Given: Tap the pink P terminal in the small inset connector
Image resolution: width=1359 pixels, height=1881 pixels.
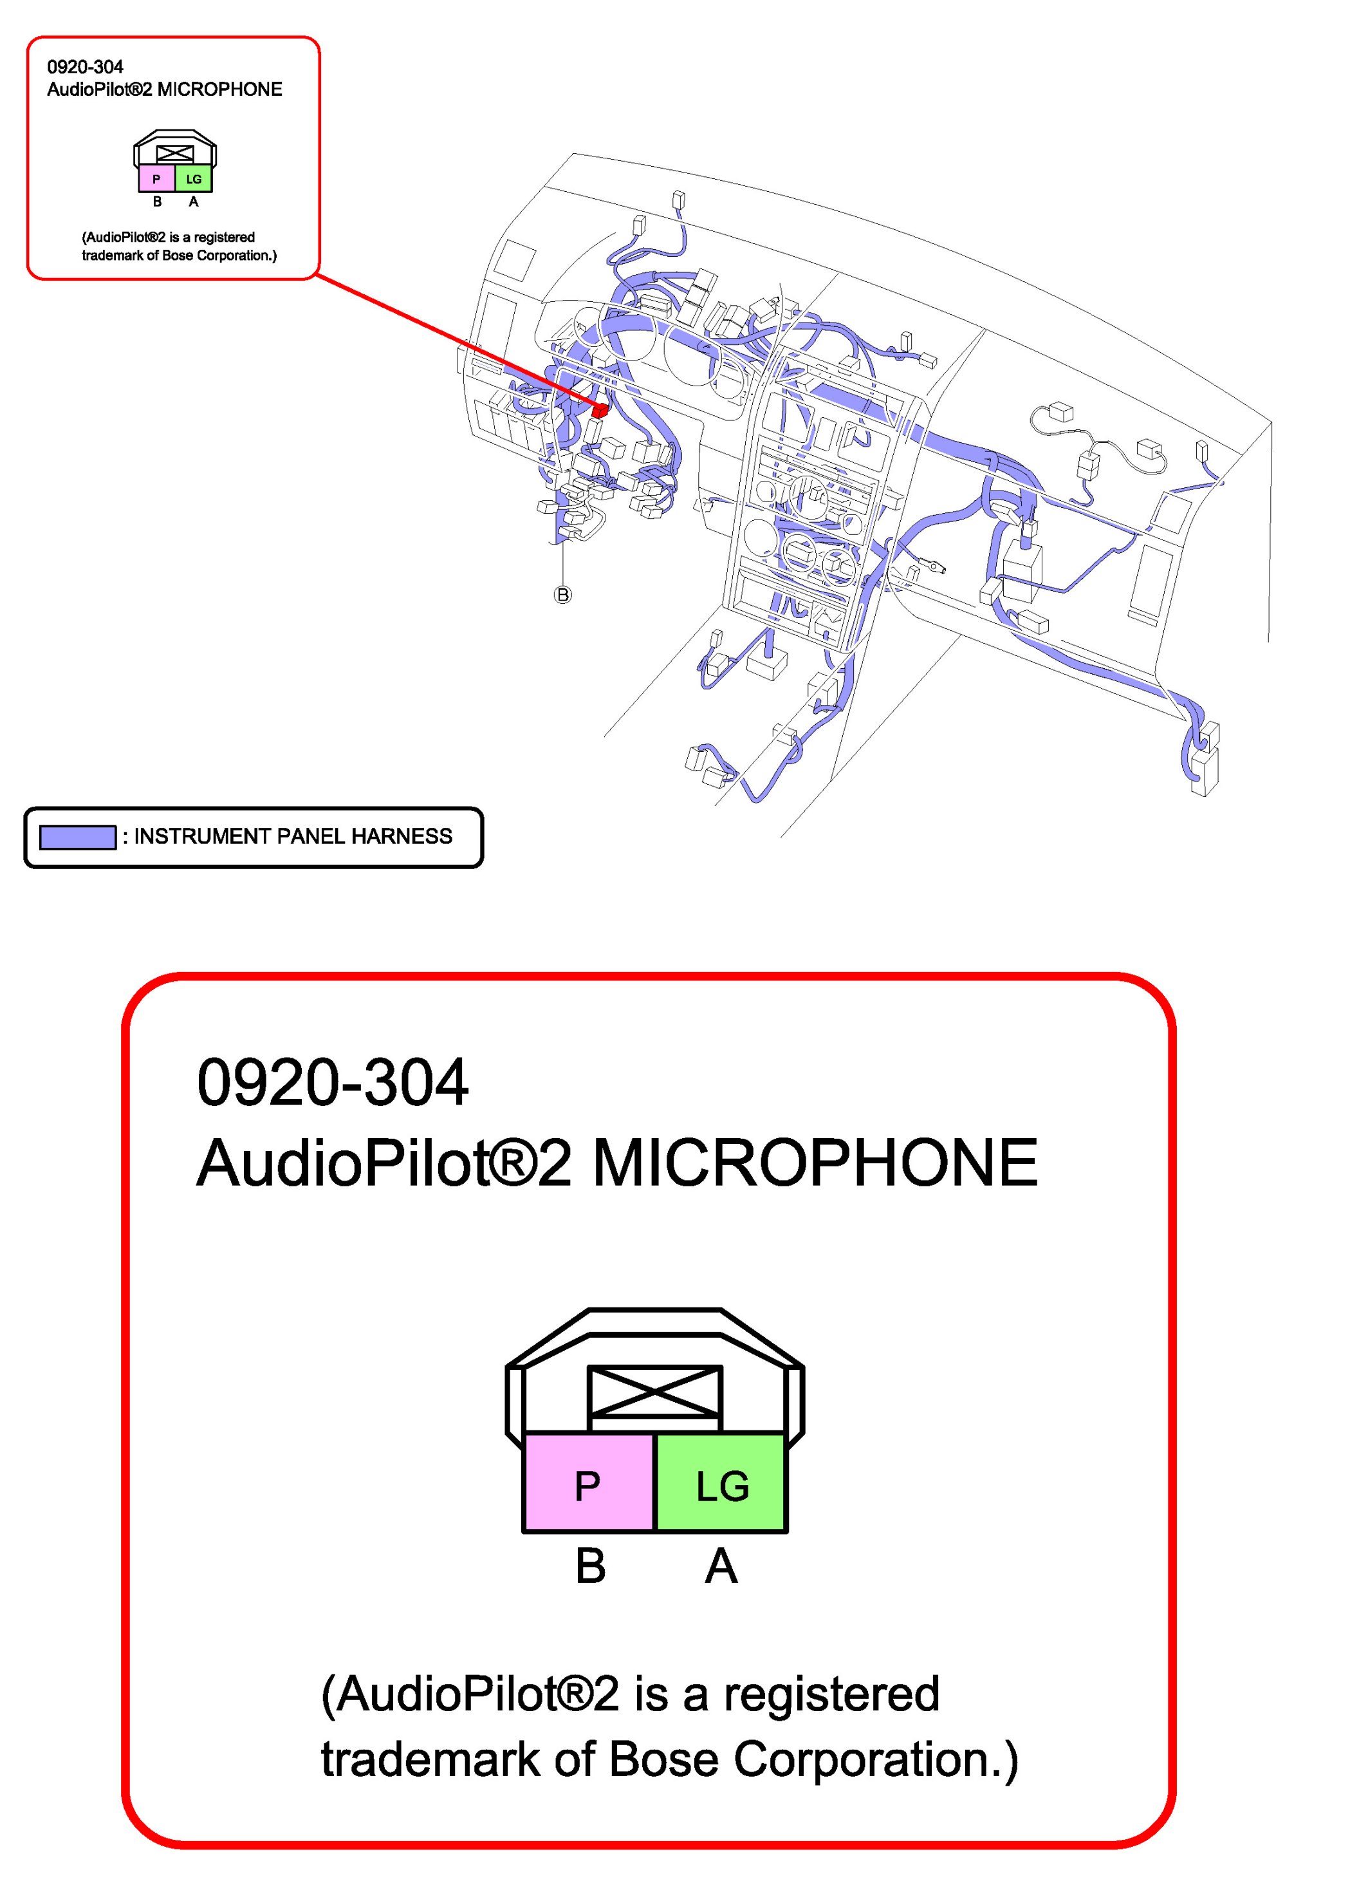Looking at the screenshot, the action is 156,179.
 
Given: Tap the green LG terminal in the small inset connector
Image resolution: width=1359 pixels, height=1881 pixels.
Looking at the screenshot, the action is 193,179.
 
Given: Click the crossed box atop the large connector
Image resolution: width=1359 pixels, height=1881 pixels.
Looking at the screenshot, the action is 654,1391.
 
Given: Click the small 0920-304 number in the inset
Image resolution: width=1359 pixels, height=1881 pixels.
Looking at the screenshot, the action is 84,67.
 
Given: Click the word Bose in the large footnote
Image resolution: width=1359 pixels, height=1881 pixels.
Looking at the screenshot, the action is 663,1759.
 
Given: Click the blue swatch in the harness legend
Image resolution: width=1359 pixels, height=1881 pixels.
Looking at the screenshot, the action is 77,838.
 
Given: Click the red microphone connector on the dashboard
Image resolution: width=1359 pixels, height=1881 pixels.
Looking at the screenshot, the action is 600,409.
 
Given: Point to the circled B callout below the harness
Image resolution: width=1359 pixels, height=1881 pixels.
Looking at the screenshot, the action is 562,595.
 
